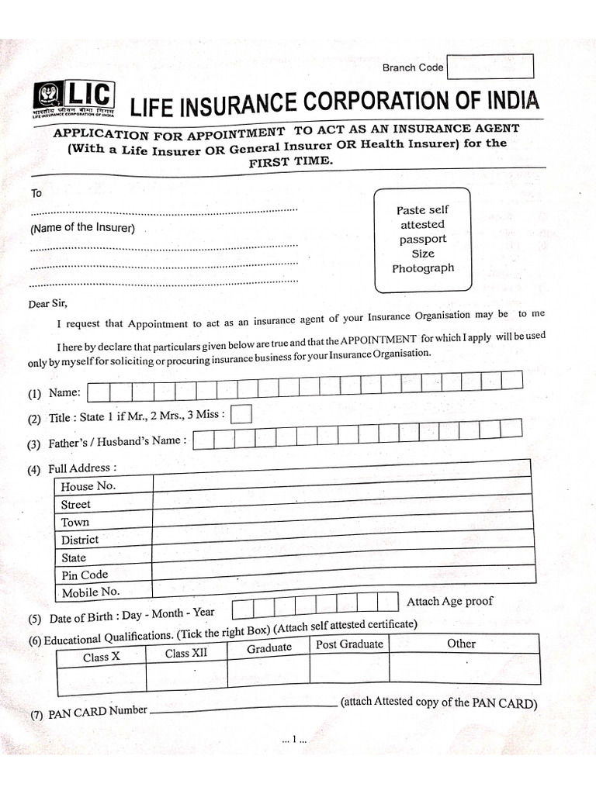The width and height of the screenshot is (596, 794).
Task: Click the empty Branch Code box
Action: tap(491, 67)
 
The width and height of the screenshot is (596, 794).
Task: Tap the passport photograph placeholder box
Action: tap(422, 240)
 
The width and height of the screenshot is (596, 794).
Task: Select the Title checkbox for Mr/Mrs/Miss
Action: tap(242, 415)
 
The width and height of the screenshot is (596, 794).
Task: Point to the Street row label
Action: tap(76, 504)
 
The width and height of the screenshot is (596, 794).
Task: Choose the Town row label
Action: tap(75, 522)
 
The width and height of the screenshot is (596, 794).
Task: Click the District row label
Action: tap(80, 540)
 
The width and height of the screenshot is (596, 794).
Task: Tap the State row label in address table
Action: tap(74, 558)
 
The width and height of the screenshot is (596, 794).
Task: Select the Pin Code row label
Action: tap(85, 575)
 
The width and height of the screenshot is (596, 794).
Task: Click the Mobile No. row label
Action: tap(90, 592)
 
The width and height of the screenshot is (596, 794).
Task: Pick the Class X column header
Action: tap(102, 657)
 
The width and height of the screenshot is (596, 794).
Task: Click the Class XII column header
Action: tap(186, 653)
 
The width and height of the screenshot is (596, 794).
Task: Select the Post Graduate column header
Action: tap(349, 644)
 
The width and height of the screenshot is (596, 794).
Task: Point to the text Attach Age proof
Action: tap(449, 601)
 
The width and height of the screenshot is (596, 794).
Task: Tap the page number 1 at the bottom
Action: tap(295, 740)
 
